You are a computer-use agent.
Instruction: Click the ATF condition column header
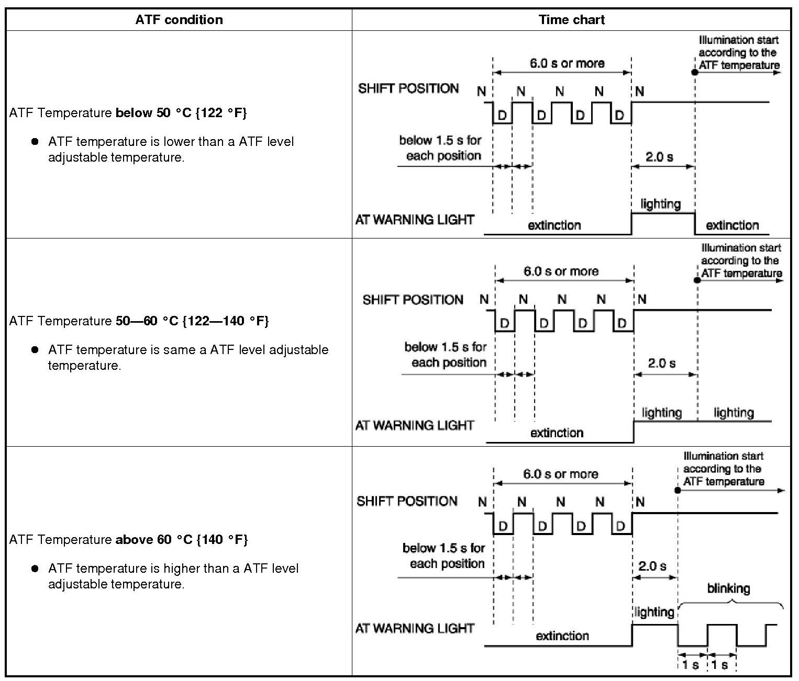179,20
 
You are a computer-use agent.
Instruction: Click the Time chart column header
571,20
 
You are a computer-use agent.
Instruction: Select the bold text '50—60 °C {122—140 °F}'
192,321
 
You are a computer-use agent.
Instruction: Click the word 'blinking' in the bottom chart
728,589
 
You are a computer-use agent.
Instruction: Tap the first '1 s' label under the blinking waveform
691,665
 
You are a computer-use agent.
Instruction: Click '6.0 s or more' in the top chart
567,64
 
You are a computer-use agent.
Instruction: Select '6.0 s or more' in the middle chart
561,271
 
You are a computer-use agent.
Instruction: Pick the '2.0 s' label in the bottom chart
652,566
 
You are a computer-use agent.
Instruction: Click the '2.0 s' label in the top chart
659,157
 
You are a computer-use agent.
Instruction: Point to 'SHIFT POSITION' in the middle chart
413,300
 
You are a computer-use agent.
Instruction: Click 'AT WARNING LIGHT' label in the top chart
415,220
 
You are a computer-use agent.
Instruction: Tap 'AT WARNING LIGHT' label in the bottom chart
415,628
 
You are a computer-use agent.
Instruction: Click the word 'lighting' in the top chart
661,204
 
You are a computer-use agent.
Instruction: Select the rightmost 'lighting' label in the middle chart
734,413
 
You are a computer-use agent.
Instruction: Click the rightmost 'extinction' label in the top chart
732,225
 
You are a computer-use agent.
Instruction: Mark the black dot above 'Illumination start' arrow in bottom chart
678,491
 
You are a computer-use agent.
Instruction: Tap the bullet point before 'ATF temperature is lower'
35,142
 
